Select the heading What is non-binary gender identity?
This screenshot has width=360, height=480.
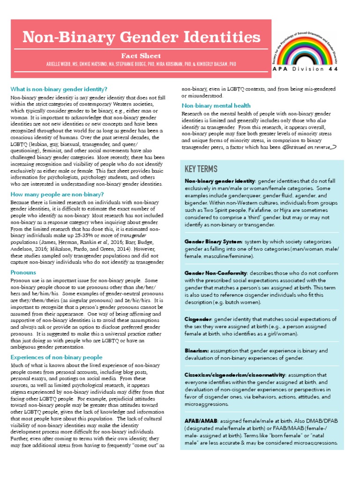click(x=59, y=89)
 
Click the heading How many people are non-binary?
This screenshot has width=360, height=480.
click(x=57, y=194)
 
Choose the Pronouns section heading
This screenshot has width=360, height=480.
click(x=23, y=272)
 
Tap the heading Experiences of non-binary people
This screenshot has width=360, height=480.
click(x=56, y=357)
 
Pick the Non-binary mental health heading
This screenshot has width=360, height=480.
click(x=216, y=105)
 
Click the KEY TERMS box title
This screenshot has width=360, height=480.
click(x=201, y=169)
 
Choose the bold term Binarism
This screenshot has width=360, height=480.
click(x=196, y=351)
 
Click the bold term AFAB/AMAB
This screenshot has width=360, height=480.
click(x=201, y=421)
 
